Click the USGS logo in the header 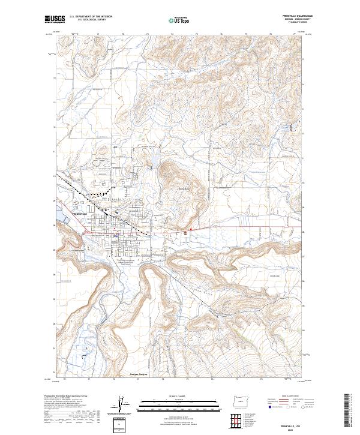coord(53,19)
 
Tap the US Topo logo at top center coord(178,20)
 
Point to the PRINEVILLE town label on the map coord(80,214)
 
